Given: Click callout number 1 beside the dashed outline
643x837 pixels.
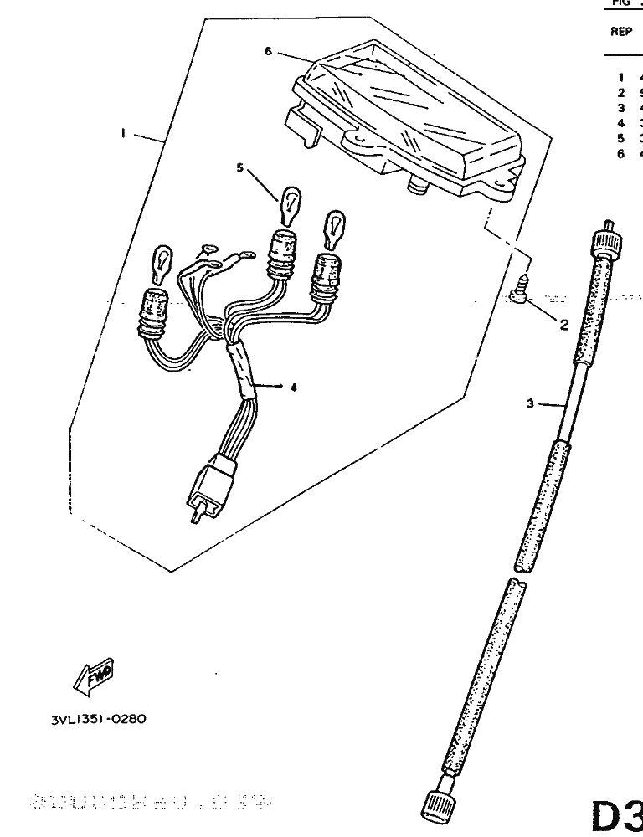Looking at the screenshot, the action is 122,133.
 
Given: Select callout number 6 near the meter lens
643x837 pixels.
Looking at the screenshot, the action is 268,51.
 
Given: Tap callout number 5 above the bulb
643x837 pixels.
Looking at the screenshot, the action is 239,168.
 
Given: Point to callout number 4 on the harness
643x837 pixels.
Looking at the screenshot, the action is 294,387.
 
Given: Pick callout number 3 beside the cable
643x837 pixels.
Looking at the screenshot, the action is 530,403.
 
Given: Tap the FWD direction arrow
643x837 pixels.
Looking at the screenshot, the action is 95,676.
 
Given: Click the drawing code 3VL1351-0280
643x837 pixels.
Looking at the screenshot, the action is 99,718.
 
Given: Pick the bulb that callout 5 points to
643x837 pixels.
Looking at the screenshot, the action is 290,203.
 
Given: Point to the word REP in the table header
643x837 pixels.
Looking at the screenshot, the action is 620,33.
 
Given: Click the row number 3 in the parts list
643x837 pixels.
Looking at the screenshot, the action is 621,108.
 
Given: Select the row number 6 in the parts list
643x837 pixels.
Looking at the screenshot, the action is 621,154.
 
